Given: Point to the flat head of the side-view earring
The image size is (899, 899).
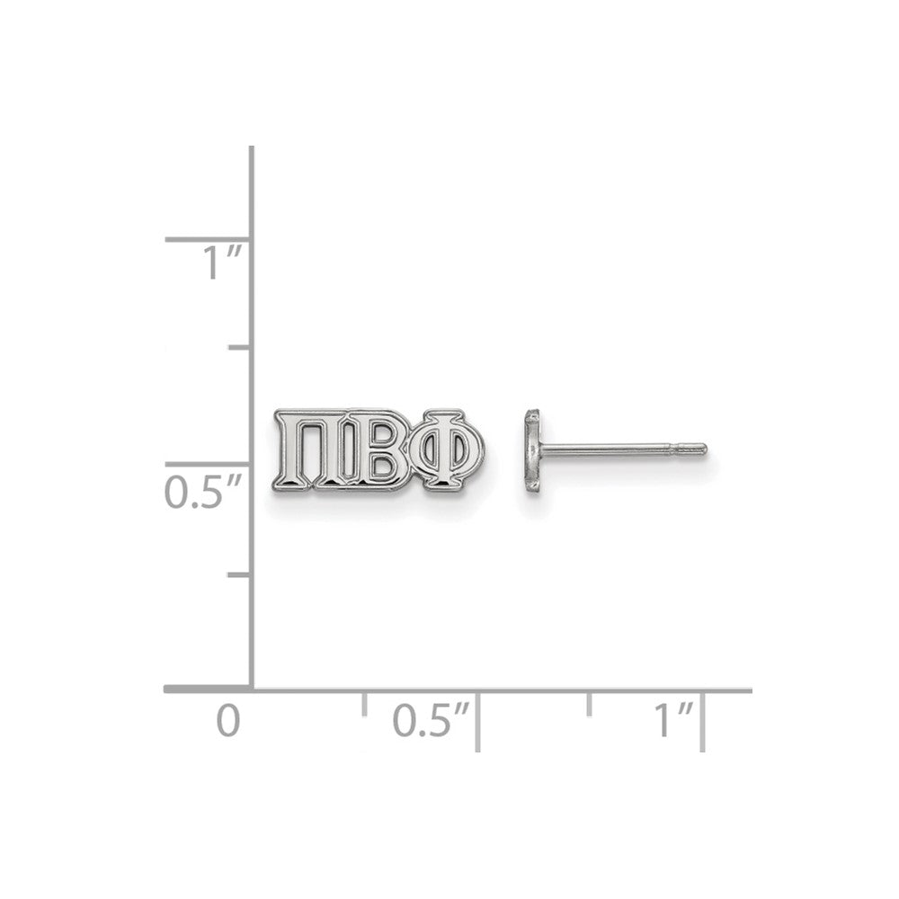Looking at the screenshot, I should pos(530,451).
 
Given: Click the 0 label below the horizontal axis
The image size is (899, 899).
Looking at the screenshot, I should pos(228,722).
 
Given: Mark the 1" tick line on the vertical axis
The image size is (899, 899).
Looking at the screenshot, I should pos(207,240).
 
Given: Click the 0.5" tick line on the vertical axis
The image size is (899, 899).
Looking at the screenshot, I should pos(207,464).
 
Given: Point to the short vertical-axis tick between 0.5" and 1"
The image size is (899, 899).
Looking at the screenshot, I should pos(239,347).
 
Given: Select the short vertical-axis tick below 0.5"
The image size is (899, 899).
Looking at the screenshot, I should pos(239,574).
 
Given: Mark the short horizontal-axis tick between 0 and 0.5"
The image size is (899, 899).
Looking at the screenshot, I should pos(364,703).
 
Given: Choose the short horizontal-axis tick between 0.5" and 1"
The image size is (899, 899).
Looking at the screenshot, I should pos(590,703).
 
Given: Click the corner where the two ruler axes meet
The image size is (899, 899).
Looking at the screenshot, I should pos(251,690).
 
